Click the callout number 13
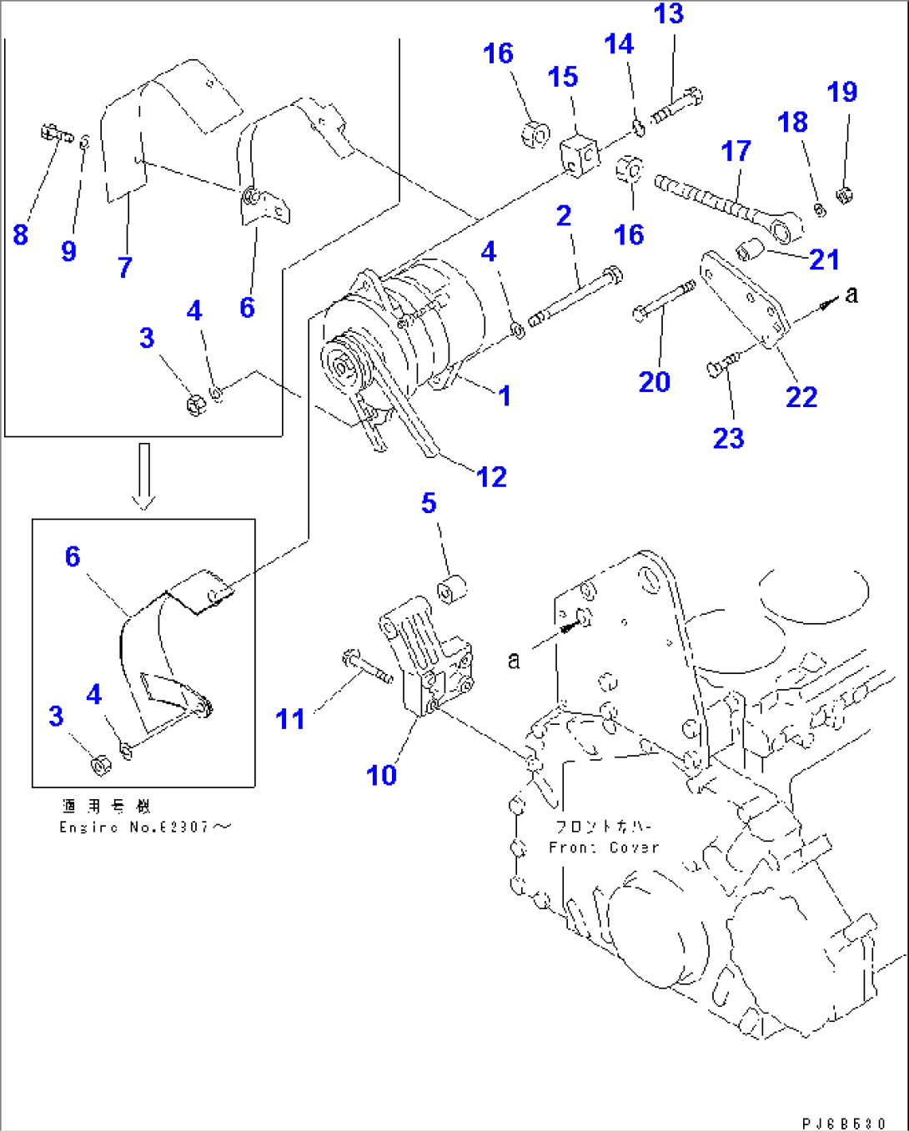[669, 14]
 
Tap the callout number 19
[842, 92]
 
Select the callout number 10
[381, 775]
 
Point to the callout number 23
[728, 438]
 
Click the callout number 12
[491, 477]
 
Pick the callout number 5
[429, 503]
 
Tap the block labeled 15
[579, 154]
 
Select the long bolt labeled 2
[575, 294]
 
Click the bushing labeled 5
[453, 589]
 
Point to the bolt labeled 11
[367, 667]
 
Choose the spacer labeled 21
[751, 248]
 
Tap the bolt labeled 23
[722, 365]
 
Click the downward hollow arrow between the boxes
[144, 475]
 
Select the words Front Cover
[604, 848]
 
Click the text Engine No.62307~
[144, 828]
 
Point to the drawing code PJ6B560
[844, 1124]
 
